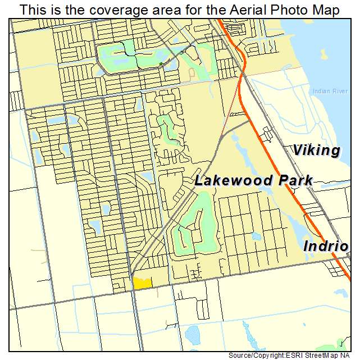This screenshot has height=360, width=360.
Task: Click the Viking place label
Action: click(x=316, y=151)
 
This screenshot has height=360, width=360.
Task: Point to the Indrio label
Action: click(x=325, y=247)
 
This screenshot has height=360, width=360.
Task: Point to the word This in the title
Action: click(x=33, y=10)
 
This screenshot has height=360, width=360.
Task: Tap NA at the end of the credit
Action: click(x=350, y=356)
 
